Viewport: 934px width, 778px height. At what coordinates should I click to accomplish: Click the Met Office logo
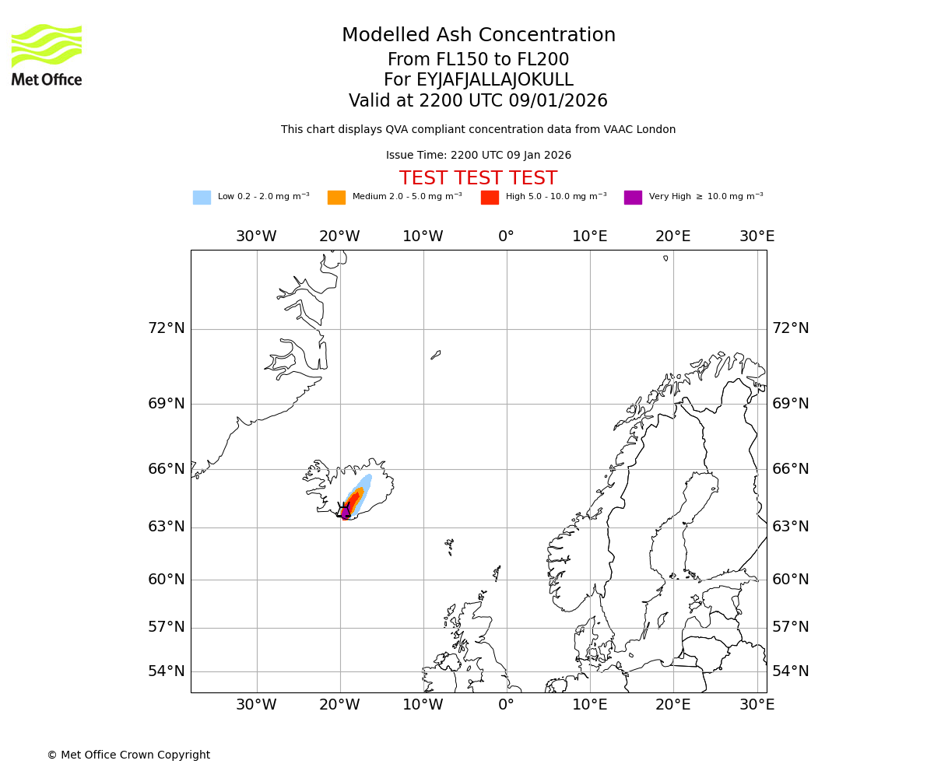pos(47,54)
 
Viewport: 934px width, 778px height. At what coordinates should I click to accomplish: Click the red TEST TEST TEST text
pos(478,179)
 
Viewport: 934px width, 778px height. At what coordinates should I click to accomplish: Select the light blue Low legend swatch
pos(202,198)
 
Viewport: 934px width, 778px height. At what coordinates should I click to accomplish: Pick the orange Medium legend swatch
pos(336,198)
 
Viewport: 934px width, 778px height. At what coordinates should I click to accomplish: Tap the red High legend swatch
pos(490,198)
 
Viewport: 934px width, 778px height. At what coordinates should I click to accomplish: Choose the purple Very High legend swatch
pos(633,198)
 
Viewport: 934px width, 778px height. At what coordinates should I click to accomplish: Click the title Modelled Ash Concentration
pos(478,36)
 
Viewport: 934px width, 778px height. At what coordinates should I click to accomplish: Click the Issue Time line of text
pos(478,156)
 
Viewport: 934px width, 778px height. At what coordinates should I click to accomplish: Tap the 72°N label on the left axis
pos(167,328)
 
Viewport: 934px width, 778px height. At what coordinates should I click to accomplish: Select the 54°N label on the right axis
pos(790,671)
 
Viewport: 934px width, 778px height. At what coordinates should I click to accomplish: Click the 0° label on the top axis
pos(507,237)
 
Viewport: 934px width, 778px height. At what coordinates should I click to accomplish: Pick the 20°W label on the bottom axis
pos(339,705)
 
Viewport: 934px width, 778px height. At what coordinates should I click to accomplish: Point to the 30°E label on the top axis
pos(757,237)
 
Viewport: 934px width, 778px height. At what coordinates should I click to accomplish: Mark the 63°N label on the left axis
pos(167,527)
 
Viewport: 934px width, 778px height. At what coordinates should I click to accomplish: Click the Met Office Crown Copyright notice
pos(128,755)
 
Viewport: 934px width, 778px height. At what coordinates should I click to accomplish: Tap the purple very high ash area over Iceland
pos(346,512)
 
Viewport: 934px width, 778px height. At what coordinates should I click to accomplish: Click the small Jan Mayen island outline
pos(436,355)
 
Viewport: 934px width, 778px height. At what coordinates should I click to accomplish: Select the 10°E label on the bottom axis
pos(590,705)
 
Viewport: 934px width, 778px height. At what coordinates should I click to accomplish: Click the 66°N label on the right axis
pos(790,469)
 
